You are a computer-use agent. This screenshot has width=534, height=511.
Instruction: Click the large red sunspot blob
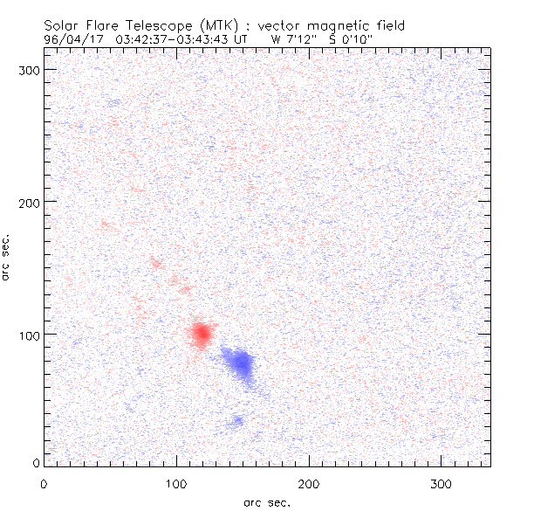pyautogui.click(x=202, y=333)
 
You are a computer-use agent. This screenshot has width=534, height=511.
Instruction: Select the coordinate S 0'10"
pyautogui.click(x=348, y=39)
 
